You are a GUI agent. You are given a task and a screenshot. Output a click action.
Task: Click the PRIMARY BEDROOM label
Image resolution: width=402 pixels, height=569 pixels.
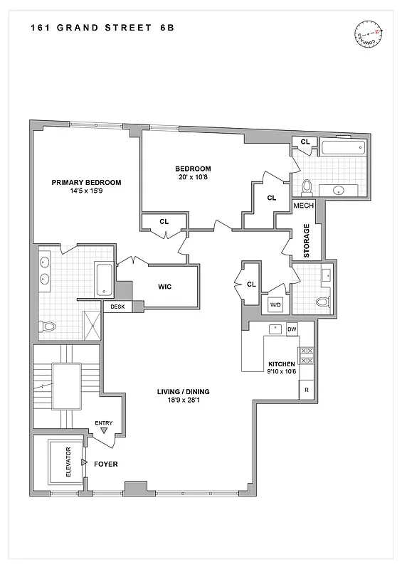coord(86,182)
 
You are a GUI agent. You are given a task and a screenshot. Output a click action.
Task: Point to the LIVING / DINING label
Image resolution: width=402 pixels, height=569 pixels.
coord(184,392)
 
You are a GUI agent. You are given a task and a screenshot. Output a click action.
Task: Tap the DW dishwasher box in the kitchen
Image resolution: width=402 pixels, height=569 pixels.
coord(292,330)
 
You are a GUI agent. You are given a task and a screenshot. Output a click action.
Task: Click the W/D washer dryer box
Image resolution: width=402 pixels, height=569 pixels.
coord(274,305)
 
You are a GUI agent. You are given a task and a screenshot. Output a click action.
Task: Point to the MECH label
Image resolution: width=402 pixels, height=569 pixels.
coord(304,206)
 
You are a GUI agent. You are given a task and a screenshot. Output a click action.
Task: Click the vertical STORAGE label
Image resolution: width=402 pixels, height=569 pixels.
coord(307,241)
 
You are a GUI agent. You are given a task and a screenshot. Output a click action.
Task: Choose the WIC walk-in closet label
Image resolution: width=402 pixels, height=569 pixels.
coord(165,287)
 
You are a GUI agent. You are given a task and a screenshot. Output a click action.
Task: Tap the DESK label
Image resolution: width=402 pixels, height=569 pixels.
coord(117,307)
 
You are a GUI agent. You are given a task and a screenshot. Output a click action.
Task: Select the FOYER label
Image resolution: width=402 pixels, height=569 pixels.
coord(105,464)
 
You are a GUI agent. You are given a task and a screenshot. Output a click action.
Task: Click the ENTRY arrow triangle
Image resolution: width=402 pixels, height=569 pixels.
coord(105,431)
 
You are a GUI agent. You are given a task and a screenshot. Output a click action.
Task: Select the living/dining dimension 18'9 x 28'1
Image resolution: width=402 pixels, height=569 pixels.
coord(184,401)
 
